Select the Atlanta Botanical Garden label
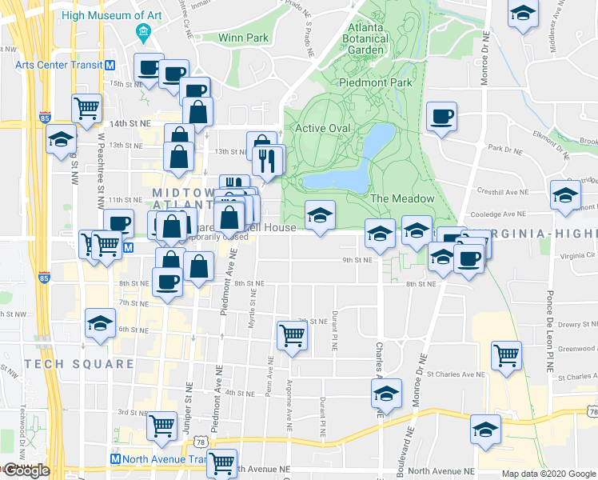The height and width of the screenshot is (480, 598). coord(367,39)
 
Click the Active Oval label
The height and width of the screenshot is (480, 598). coord(323,128)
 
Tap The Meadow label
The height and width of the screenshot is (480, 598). coord(402,198)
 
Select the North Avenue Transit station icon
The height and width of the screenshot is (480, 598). coord(115,460)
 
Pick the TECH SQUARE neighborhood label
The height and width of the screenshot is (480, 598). coord(79,364)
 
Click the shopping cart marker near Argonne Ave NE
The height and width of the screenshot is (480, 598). coord(293,336)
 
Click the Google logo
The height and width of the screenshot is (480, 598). coord(26,471)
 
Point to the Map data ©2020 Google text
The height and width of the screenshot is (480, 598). coord(548,474)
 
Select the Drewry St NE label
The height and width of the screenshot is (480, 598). coord(576,324)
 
